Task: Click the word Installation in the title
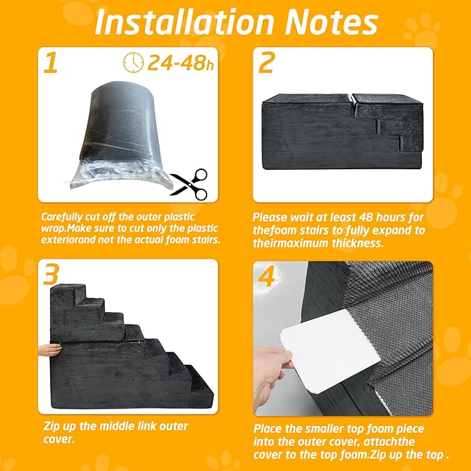coord(184,22)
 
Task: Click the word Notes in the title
coord(332,22)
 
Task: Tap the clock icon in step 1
coord(133,62)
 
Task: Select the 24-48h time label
coord(180,63)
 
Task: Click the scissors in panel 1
coord(190,185)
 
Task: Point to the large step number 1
coord(51,62)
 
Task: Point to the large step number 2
coord(266,62)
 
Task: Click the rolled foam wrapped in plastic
coord(121,135)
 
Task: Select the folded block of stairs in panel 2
coord(342,132)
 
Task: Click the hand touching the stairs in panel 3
coord(50,350)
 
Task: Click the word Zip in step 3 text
coord(51,427)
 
